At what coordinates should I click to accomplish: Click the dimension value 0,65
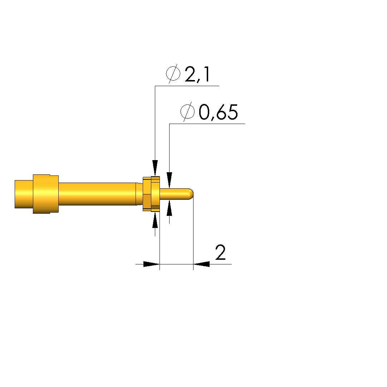pos(218,112)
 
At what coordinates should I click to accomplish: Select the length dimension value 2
pos(220,252)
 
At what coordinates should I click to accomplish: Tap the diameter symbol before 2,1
pos(173,74)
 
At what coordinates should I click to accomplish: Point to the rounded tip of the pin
pos(191,194)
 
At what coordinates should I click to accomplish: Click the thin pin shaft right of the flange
pos(174,194)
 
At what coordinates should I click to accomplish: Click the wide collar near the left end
pos(46,194)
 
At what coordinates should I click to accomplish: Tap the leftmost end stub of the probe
pos(24,194)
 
